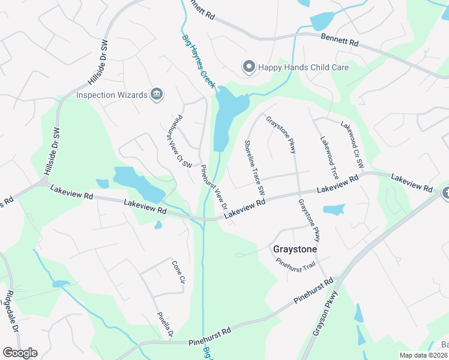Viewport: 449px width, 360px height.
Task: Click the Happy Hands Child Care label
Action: pos(303,67)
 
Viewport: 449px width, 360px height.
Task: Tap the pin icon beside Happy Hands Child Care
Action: pos(249,67)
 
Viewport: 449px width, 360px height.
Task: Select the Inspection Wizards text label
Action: pos(112,95)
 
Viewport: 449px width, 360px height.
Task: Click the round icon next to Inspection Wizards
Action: pos(157,94)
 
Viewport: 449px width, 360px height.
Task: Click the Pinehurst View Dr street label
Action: pos(214,187)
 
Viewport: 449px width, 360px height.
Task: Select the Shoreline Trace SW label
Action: pos(254,167)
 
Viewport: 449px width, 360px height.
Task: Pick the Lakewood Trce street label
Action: pos(329,156)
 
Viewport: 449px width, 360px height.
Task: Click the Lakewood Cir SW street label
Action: pos(352,144)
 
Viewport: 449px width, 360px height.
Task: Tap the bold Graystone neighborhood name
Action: pos(295,248)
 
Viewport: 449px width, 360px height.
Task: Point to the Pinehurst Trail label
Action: pos(295,263)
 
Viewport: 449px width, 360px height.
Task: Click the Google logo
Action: pos(20,353)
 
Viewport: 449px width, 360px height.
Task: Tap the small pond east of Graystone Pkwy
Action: pos(334,209)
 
